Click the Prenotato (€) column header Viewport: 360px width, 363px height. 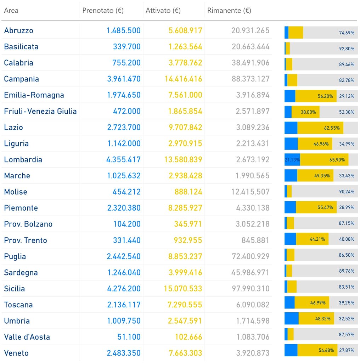click(103, 11)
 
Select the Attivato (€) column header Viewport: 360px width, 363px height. click(163, 11)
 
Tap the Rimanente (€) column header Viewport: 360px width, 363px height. click(229, 11)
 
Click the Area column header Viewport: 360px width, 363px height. click(11, 11)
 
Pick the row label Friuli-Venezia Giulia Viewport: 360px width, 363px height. click(40, 111)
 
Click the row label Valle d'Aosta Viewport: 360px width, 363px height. click(27, 337)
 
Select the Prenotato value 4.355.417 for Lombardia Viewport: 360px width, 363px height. click(123, 160)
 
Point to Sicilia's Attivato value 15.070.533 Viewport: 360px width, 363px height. click(183, 289)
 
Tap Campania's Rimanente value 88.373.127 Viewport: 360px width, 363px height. click(251, 79)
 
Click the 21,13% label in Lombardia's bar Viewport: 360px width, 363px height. click(292, 160)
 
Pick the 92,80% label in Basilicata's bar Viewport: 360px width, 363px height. click(347, 49)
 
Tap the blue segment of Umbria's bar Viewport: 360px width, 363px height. click(291, 318)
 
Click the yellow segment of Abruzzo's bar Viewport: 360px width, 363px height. click(296, 32)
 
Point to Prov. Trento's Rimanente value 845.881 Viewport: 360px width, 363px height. click(255, 240)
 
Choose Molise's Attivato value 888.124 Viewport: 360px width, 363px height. click(188, 192)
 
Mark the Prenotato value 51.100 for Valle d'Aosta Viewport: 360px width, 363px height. click(129, 337)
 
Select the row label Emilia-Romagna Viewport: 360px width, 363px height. click(34, 95)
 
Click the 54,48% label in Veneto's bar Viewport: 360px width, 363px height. click(326, 351)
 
